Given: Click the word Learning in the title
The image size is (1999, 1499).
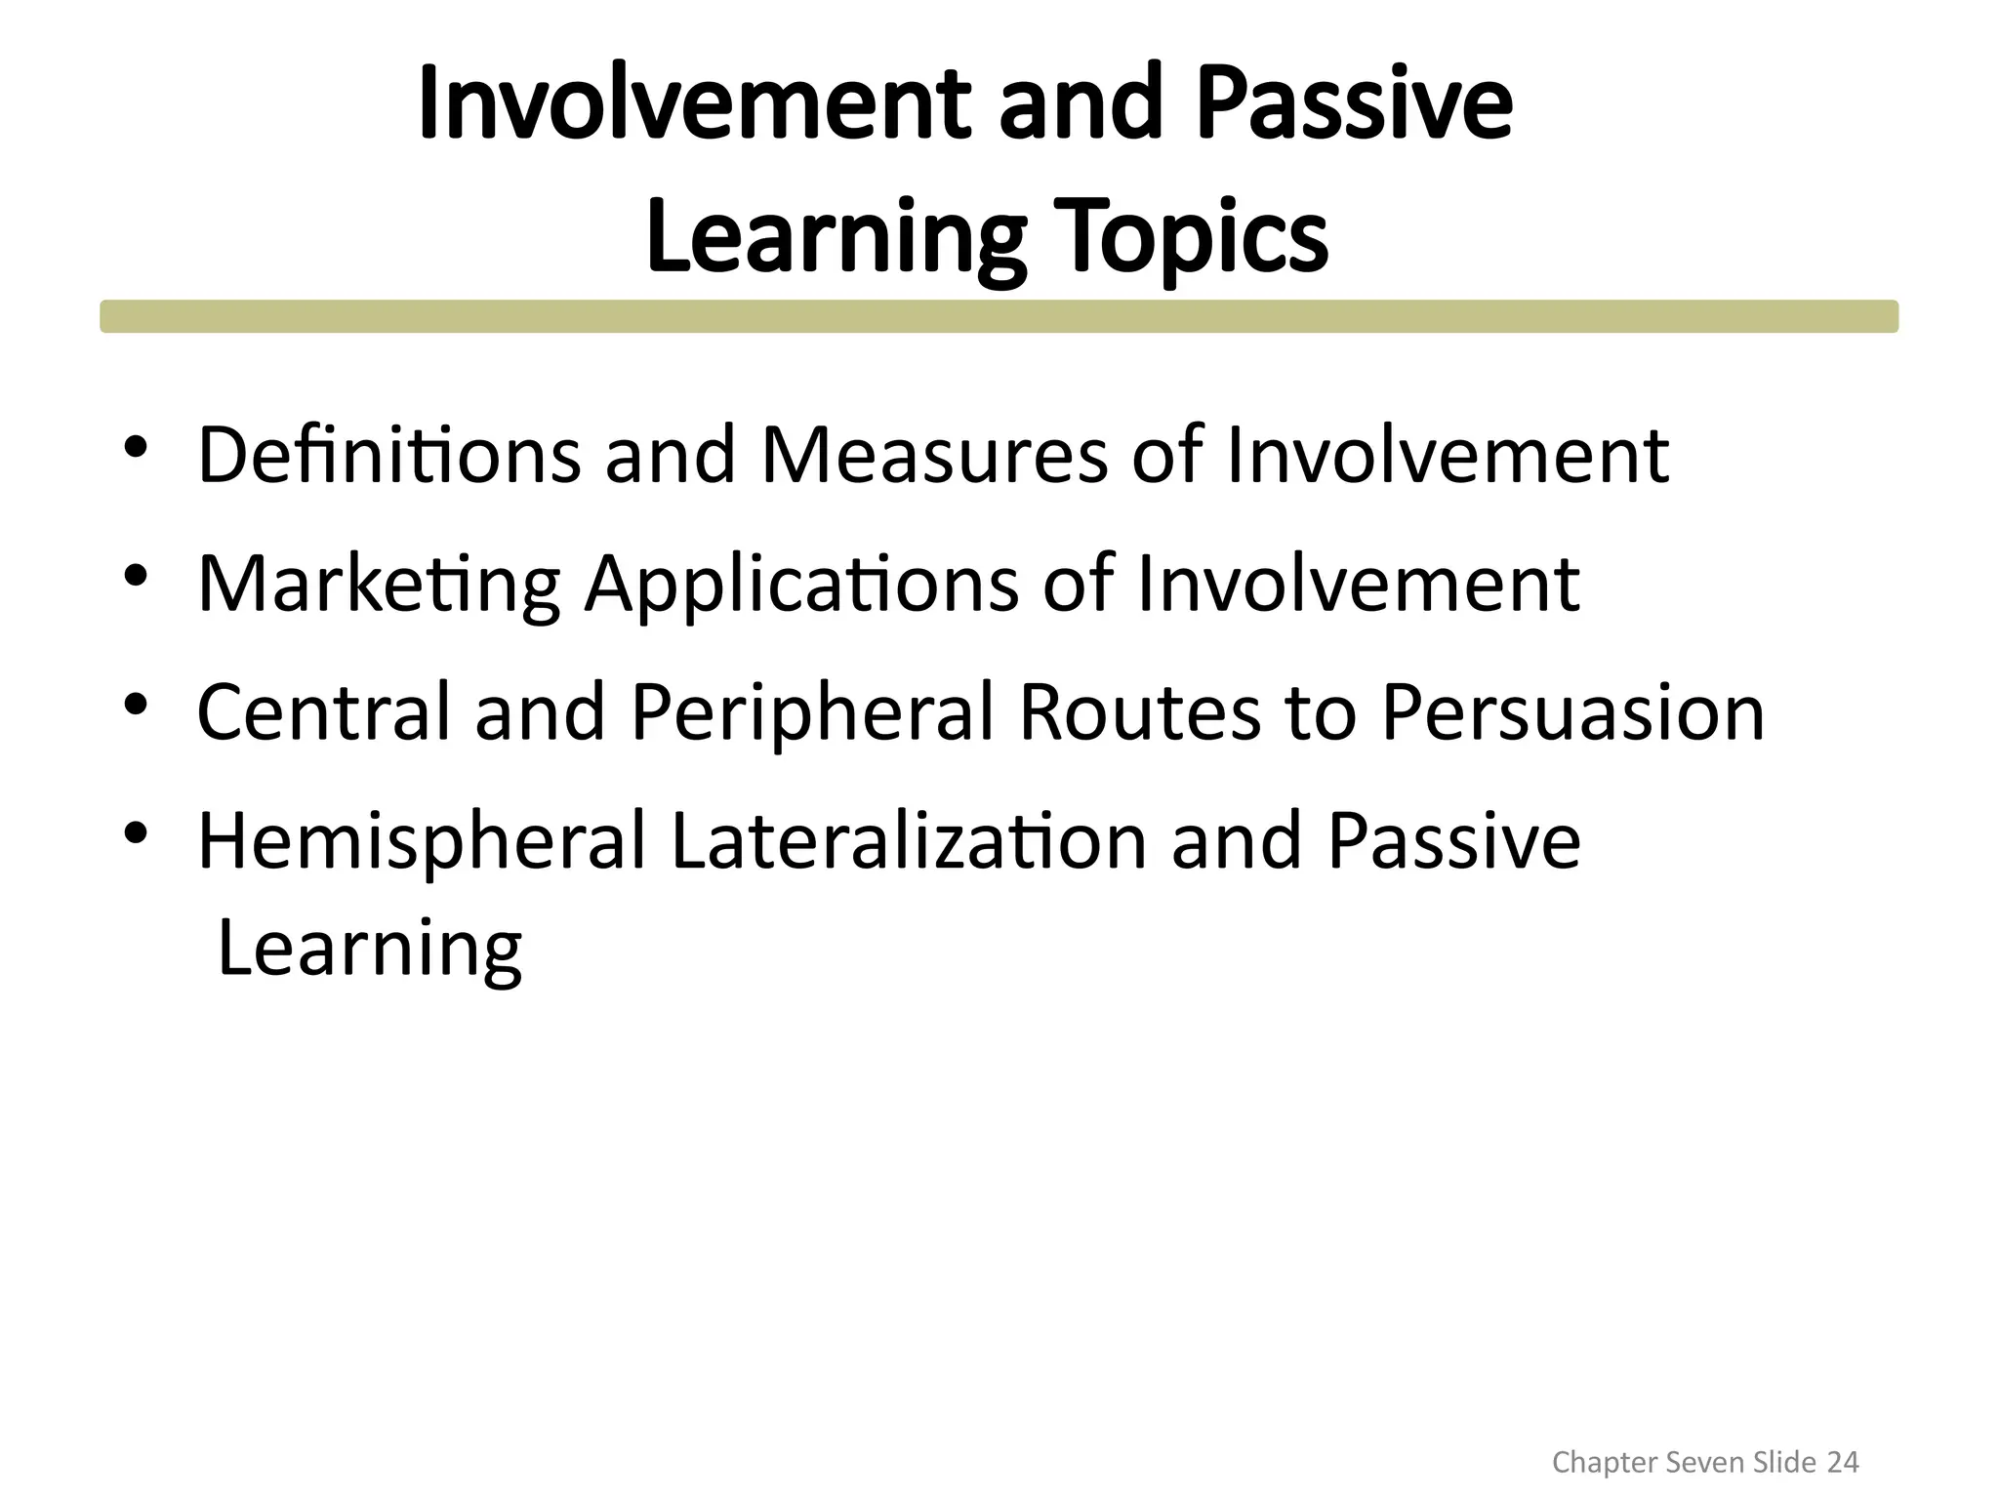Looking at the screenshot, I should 835,237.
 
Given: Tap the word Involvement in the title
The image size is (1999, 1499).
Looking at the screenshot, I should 694,104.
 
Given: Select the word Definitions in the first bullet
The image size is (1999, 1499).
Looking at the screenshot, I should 388,455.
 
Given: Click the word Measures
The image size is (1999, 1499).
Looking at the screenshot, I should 933,455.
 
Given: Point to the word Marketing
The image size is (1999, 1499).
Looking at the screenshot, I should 379,584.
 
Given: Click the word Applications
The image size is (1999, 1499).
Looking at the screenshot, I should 800,584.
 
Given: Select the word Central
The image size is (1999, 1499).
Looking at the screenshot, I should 324,712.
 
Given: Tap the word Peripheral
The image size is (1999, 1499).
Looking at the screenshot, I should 812,712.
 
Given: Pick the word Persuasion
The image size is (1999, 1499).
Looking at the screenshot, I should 1571,712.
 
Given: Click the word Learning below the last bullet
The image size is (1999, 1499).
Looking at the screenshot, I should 369,949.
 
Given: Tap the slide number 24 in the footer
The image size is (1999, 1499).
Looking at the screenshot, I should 1842,1462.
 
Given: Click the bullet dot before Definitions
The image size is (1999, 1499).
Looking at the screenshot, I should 135,448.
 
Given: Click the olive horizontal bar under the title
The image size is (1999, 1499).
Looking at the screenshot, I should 999,316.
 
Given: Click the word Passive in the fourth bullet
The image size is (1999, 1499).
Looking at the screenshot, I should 1452,841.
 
